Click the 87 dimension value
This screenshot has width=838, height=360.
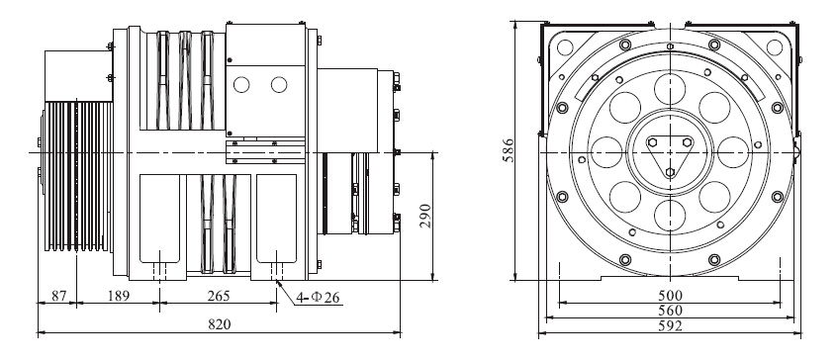tap(58, 296)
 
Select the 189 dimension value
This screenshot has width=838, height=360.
tap(118, 296)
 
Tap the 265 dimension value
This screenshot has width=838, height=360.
tap(219, 296)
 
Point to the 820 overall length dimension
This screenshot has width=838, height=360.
tap(219, 324)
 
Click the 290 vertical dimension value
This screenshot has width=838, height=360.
tap(425, 216)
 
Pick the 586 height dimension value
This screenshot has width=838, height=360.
tap(509, 150)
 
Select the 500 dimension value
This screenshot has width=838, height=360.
tap(671, 296)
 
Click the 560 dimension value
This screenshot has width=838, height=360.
tap(671, 311)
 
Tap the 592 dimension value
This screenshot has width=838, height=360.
tap(671, 325)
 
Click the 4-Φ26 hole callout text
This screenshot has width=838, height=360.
tap(318, 298)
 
